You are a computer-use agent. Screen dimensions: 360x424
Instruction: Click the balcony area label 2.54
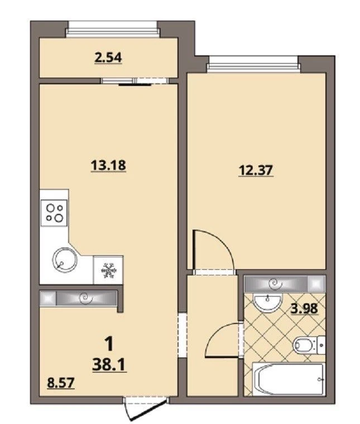[x=108, y=58]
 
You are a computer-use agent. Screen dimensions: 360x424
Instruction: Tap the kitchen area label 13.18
[x=108, y=165]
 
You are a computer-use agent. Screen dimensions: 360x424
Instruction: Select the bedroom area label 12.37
[x=256, y=170]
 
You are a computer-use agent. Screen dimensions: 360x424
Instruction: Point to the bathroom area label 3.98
[x=304, y=308]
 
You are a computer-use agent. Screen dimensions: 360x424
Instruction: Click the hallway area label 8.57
[x=60, y=383]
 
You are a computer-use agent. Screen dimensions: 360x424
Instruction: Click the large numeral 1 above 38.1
[x=109, y=344]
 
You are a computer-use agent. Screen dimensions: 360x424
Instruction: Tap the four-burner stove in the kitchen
[x=54, y=212]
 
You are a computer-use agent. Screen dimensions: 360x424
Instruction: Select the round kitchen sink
[x=64, y=260]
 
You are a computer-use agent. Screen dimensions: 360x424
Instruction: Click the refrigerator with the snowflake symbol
[x=108, y=270]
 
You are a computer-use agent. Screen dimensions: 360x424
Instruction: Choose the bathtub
[x=289, y=380]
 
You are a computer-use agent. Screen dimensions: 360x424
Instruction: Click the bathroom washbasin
[x=267, y=302]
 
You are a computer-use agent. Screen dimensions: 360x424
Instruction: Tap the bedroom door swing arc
[x=222, y=240]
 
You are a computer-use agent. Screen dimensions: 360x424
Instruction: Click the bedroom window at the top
[x=253, y=64]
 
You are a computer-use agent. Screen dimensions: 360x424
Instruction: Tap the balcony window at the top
[x=113, y=28]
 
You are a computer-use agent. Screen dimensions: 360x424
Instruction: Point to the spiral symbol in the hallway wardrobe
[x=86, y=298]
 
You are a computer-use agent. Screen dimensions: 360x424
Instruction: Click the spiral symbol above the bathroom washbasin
[x=276, y=284]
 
